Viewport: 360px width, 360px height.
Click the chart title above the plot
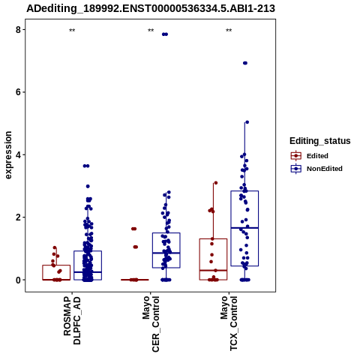point(151,8)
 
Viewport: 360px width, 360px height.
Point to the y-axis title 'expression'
point(8,155)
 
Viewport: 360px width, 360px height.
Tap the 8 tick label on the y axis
point(18,30)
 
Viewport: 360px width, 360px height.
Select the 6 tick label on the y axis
point(18,92)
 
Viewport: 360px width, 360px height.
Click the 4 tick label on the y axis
point(18,154)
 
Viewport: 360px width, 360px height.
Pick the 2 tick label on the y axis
point(18,217)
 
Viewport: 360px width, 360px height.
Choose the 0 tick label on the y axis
point(18,280)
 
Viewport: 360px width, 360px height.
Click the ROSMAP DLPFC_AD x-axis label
point(72,320)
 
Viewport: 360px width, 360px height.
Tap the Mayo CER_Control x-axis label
point(151,324)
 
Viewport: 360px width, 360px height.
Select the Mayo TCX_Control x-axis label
point(229,323)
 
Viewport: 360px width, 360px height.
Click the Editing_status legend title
point(320,141)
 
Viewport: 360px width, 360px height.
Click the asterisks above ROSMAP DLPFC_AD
point(72,31)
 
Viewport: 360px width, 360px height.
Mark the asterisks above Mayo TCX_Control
point(229,31)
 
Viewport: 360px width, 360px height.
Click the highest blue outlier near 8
point(165,34)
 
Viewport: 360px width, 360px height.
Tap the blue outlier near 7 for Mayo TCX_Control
point(245,63)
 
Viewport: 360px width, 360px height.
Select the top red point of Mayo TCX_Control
point(216,183)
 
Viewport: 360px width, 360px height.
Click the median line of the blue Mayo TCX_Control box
point(244,228)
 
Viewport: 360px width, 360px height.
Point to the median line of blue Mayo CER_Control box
point(166,253)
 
